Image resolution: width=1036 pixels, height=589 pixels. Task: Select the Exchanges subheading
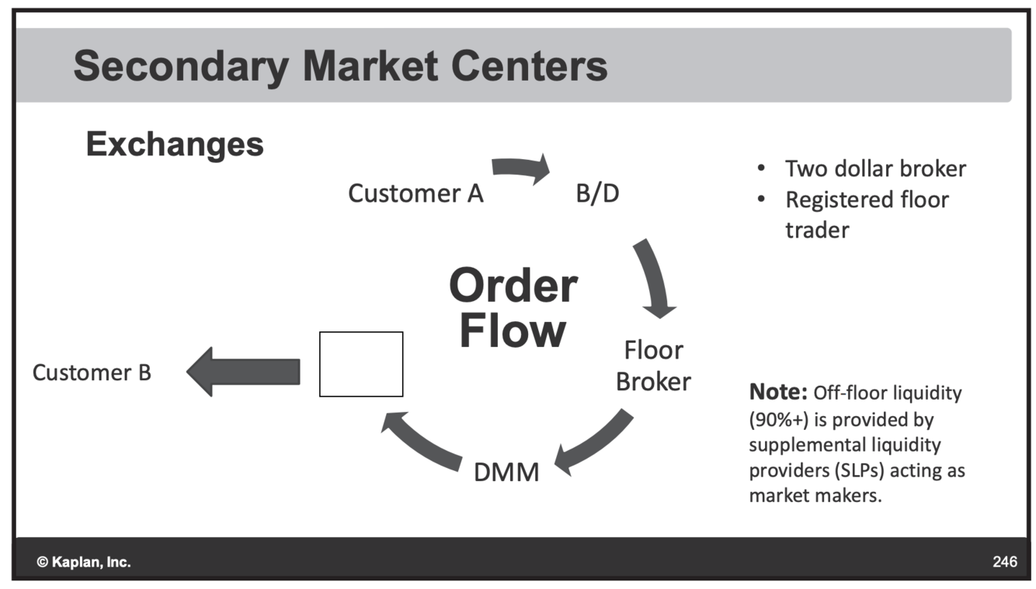(175, 144)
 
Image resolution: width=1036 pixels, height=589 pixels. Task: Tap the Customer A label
(415, 193)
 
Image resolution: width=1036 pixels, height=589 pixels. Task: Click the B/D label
(597, 193)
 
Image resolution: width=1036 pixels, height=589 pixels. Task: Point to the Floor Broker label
(653, 366)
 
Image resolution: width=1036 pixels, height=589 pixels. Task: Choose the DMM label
(506, 472)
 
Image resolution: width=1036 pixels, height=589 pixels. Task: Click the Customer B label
(92, 372)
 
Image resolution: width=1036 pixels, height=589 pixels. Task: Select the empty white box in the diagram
(361, 364)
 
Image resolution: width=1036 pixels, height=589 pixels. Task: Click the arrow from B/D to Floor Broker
(655, 278)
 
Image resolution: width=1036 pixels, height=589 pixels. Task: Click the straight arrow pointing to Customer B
(243, 371)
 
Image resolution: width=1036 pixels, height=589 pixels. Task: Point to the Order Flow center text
(513, 308)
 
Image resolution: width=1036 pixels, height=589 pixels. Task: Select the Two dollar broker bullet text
(875, 168)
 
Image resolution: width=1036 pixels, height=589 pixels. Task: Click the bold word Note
(777, 393)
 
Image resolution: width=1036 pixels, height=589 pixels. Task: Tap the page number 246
(1004, 562)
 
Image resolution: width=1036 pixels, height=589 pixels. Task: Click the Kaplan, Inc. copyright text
(84, 562)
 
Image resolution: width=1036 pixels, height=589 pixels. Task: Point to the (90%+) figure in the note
(777, 419)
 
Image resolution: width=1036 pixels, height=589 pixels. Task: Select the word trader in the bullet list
(817, 230)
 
